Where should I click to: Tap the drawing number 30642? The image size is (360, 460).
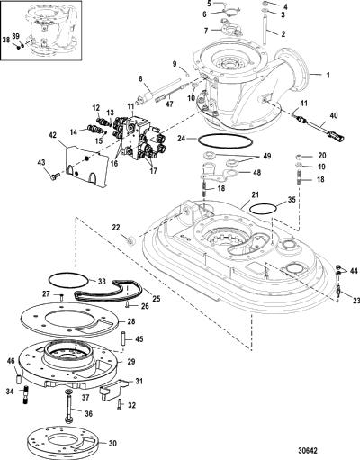(x=307, y=451)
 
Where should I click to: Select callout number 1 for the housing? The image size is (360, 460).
(x=328, y=75)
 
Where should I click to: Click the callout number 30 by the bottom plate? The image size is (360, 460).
(x=112, y=443)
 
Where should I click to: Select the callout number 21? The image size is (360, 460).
(x=255, y=194)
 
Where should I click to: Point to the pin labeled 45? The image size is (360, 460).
(x=123, y=338)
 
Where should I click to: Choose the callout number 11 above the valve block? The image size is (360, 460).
(x=131, y=105)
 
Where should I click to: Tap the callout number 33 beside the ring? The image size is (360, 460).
(x=102, y=282)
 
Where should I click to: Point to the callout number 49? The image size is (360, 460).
(x=266, y=156)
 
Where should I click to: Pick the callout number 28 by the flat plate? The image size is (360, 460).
(x=131, y=321)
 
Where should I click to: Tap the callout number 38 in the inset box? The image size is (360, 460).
(x=6, y=40)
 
